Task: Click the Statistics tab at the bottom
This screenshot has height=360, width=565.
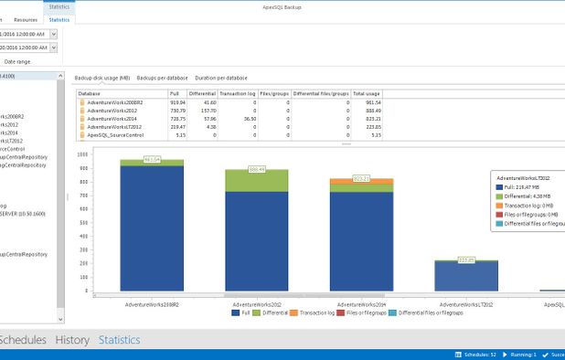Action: click(120, 340)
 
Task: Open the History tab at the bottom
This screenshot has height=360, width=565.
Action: click(72, 340)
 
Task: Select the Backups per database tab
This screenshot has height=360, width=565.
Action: click(162, 78)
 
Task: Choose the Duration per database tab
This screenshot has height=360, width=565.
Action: click(221, 78)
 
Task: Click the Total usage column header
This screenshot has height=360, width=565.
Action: click(367, 93)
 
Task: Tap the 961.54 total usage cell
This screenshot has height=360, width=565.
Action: click(371, 102)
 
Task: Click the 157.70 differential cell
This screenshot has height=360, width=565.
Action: click(208, 111)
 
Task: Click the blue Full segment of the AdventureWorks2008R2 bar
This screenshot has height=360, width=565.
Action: click(152, 228)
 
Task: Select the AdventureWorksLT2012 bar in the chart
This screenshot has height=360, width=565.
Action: click(466, 275)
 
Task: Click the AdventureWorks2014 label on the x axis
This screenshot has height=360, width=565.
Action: click(361, 302)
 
